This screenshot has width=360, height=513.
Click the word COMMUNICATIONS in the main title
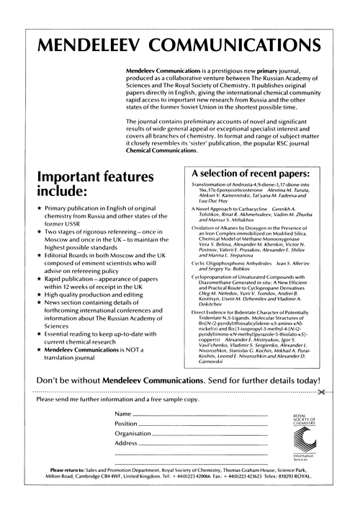tap(243, 48)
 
